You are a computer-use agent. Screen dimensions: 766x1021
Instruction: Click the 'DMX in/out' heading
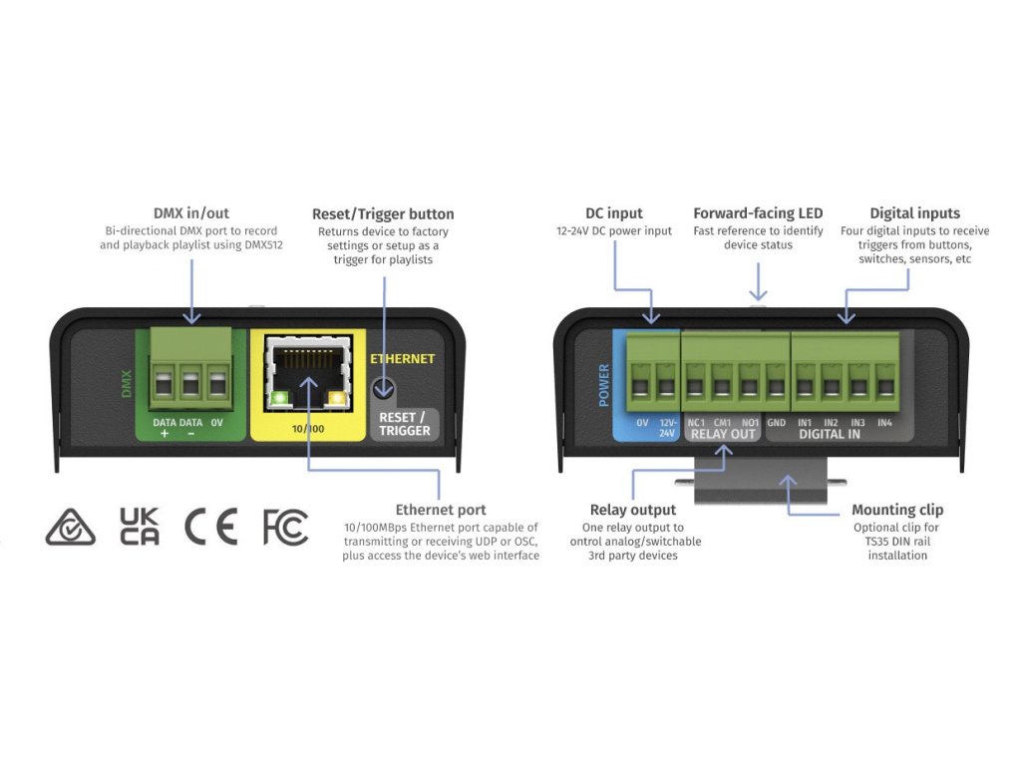(x=190, y=213)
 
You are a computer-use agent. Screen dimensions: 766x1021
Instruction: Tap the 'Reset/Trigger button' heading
(x=383, y=213)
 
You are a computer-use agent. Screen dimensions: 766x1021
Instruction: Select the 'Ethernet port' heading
(x=441, y=510)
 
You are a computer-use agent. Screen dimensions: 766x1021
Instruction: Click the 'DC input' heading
(x=613, y=213)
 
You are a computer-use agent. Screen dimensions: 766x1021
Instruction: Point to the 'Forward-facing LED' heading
(x=758, y=213)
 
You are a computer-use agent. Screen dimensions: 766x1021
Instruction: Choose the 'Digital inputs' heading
(x=914, y=213)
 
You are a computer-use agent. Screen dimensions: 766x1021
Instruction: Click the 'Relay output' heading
(x=632, y=510)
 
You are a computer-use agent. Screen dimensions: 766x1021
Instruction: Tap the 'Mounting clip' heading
(x=897, y=510)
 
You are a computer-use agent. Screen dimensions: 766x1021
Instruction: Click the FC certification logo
(x=285, y=527)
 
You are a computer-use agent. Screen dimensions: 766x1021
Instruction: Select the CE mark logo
(x=211, y=527)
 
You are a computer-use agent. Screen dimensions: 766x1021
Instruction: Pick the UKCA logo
(x=139, y=527)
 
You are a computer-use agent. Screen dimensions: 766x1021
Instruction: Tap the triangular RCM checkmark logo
(x=70, y=528)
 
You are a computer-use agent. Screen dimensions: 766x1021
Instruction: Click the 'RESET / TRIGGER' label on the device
(x=404, y=424)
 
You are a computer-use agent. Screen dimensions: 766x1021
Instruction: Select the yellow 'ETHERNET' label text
(x=402, y=358)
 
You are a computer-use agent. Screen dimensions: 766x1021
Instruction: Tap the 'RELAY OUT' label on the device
(x=722, y=435)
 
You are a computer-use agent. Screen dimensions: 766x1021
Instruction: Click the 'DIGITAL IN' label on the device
(x=829, y=435)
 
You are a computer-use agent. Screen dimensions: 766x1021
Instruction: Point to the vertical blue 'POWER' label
(x=603, y=384)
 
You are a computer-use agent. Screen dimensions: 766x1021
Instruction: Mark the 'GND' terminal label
(x=777, y=422)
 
